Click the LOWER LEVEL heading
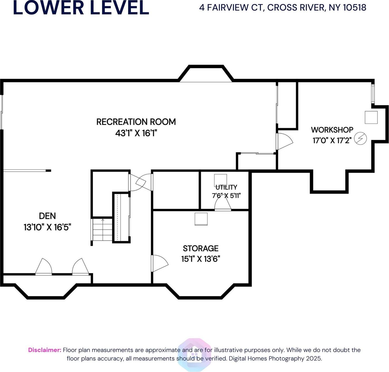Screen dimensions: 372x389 [x=81, y=8]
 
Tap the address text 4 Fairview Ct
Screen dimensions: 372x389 [x=282, y=8]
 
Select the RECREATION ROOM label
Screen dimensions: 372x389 [x=136, y=122]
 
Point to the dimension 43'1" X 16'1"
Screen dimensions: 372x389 [x=136, y=133]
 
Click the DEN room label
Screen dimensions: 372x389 [x=47, y=216]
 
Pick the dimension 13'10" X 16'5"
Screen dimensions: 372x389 [x=47, y=227]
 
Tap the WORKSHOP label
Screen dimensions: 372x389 [x=332, y=130]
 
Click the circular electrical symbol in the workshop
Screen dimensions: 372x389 [x=360, y=138]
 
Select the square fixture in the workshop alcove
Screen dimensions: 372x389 [x=371, y=117]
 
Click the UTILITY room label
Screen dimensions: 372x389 [x=226, y=187]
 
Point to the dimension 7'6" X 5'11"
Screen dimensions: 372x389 [x=226, y=196]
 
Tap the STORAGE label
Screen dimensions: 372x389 [x=201, y=248]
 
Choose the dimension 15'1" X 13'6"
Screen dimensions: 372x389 [x=201, y=259]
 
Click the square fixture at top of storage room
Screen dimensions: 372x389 [x=201, y=219]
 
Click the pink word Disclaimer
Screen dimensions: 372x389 [x=45, y=350]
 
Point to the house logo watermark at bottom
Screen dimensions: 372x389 [x=194, y=355]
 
